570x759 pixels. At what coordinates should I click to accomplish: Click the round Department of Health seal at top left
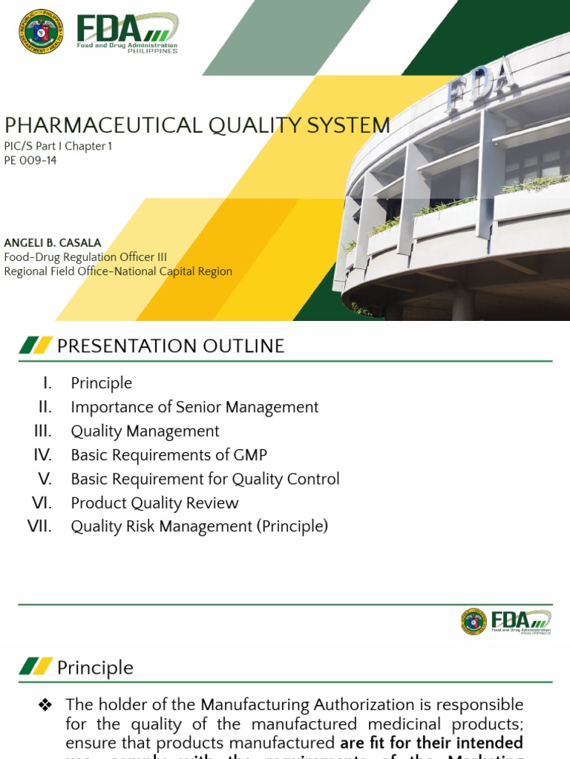(42, 31)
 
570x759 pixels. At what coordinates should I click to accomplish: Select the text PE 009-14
(30, 160)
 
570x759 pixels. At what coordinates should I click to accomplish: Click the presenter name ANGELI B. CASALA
(52, 242)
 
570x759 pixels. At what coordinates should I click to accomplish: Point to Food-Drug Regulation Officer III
(85, 257)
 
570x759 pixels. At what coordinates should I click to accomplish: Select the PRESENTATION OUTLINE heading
(171, 345)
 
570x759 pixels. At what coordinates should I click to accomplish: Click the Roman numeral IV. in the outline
(42, 454)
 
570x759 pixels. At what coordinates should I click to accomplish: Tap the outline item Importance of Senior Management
(194, 407)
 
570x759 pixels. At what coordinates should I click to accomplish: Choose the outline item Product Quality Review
(154, 503)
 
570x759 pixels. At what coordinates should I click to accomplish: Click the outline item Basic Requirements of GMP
(168, 455)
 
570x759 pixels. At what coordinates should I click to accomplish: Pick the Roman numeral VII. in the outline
(39, 526)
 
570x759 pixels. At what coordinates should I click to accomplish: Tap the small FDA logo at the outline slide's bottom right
(506, 622)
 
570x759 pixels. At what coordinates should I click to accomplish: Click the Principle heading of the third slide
(95, 668)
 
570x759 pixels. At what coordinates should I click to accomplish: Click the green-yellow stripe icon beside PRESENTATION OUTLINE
(36, 345)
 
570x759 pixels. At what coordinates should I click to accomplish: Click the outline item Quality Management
(145, 431)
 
